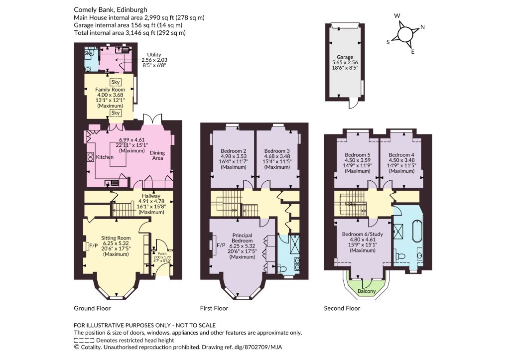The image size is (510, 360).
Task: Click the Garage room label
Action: tap(345, 57)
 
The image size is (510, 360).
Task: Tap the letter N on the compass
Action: tap(422, 27)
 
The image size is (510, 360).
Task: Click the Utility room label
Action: tap(154, 55)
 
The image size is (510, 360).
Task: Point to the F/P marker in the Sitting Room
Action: tap(93, 246)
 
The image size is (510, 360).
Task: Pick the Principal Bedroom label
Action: tap(243, 238)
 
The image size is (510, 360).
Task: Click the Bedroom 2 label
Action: tap(233, 151)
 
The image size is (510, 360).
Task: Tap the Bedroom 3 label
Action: tap(277, 151)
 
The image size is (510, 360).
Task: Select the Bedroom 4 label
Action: tap(401, 155)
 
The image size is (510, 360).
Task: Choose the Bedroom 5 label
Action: tap(358, 155)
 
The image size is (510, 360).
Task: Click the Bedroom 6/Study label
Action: tap(363, 234)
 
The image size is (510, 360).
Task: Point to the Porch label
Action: tap(162, 253)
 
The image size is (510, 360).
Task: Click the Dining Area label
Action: tap(157, 155)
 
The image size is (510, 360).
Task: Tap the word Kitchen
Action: tap(105, 157)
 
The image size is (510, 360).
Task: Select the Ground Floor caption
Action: tap(92, 308)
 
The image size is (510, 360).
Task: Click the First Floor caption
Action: tap(214, 308)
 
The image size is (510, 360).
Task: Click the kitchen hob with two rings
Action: tap(90, 157)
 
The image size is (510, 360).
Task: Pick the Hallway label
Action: tap(151, 196)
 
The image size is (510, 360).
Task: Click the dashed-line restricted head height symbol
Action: tap(84, 341)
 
